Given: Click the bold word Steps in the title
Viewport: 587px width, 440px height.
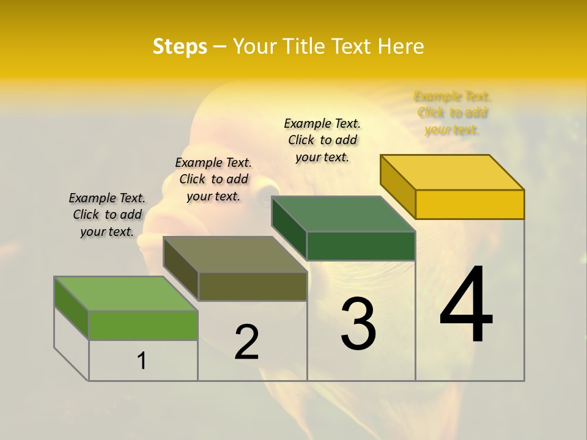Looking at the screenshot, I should (180, 46).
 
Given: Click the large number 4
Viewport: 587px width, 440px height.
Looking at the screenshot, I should (466, 305).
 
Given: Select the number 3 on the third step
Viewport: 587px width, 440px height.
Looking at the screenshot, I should (358, 324).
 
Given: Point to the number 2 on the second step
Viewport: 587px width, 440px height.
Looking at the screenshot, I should (247, 342).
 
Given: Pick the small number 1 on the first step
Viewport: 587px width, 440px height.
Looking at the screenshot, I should (142, 361).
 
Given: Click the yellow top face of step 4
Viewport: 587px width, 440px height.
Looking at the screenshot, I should (452, 172).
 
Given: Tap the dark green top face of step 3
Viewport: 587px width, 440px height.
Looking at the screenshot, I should (344, 214).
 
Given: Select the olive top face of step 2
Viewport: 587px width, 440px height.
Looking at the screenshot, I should (235, 254).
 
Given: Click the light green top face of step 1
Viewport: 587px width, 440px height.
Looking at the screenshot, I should (126, 294).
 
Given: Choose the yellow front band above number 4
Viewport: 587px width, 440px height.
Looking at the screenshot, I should (470, 204).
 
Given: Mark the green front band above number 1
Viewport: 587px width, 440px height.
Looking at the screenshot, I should (143, 325).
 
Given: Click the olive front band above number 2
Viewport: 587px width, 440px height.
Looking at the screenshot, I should (252, 286).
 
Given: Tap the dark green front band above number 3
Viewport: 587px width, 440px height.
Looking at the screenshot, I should (361, 246).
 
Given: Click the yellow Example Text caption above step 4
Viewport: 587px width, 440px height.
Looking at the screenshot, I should (452, 113).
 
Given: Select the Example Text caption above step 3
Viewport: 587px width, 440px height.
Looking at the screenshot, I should (322, 140).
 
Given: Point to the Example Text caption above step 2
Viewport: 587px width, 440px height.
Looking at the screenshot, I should (213, 179).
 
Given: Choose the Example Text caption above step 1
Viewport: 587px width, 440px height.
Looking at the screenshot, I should (107, 215).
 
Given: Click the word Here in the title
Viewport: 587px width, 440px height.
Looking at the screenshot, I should (401, 46).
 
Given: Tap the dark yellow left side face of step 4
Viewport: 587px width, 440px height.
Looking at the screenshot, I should (397, 186).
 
